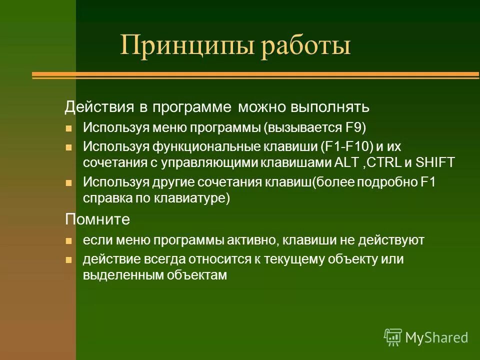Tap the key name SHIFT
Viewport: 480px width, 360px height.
tap(435, 162)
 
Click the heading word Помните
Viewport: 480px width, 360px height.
tap(97, 219)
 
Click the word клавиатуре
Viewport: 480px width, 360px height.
tap(192, 198)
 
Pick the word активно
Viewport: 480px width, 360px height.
tap(258, 240)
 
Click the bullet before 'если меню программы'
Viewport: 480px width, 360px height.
tap(69, 241)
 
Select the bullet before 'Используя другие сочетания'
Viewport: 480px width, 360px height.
tap(69, 182)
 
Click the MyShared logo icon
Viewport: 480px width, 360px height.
tap(393, 337)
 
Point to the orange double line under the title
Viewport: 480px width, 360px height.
tap(255, 75)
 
